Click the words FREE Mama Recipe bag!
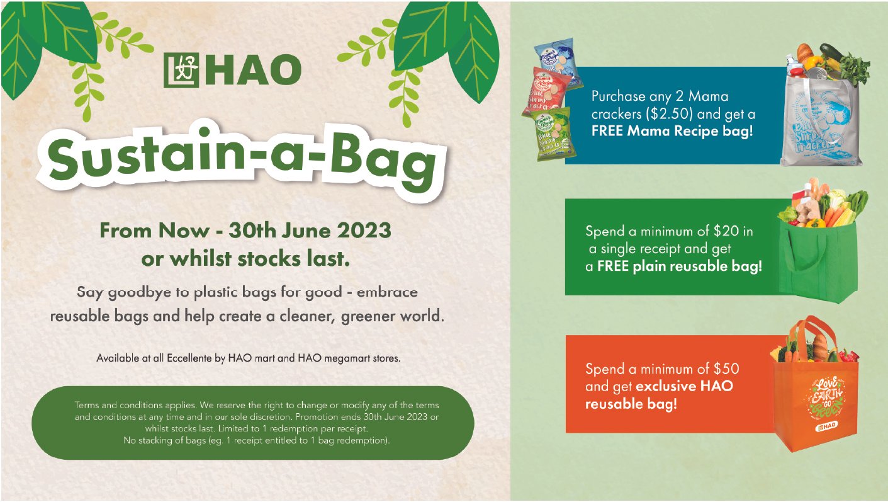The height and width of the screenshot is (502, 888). click(672, 133)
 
